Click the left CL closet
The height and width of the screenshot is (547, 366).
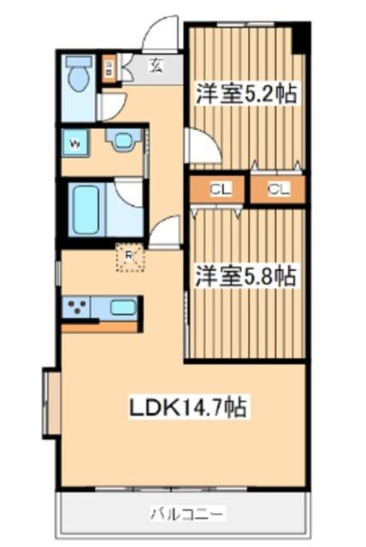(218, 190)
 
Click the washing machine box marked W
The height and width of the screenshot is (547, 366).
(75, 144)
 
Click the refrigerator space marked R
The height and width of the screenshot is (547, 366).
(129, 257)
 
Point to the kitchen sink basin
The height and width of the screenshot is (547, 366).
(122, 307)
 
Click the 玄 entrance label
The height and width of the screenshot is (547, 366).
(157, 63)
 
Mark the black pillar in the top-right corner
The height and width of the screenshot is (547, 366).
(299, 37)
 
